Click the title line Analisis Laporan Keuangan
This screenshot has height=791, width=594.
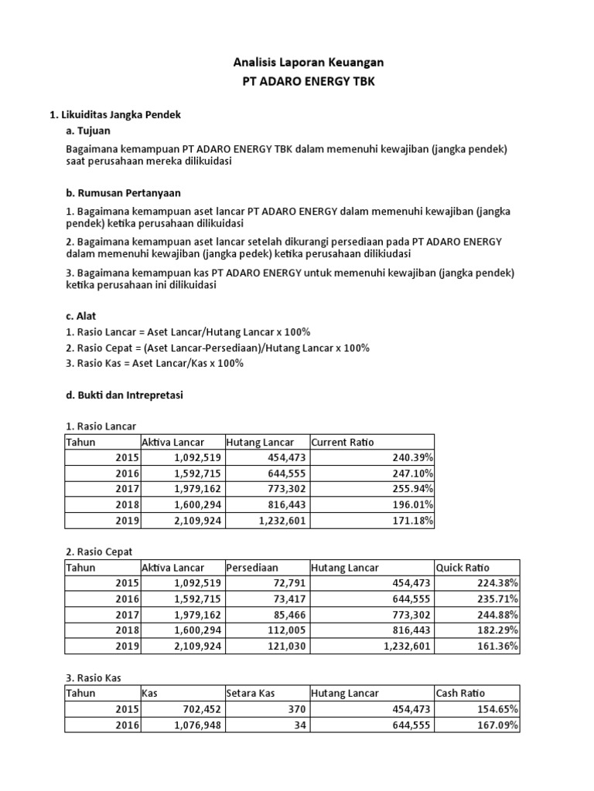[298, 61]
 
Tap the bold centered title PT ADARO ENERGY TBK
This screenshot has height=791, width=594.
[298, 81]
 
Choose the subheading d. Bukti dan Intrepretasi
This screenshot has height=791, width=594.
[125, 395]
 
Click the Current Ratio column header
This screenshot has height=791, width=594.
[342, 442]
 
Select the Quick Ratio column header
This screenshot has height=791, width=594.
[463, 568]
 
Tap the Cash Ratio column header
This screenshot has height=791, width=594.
[462, 694]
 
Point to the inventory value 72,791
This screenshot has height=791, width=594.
[287, 584]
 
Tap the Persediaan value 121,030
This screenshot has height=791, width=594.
[285, 647]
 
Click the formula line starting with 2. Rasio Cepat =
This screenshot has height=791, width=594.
[217, 348]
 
